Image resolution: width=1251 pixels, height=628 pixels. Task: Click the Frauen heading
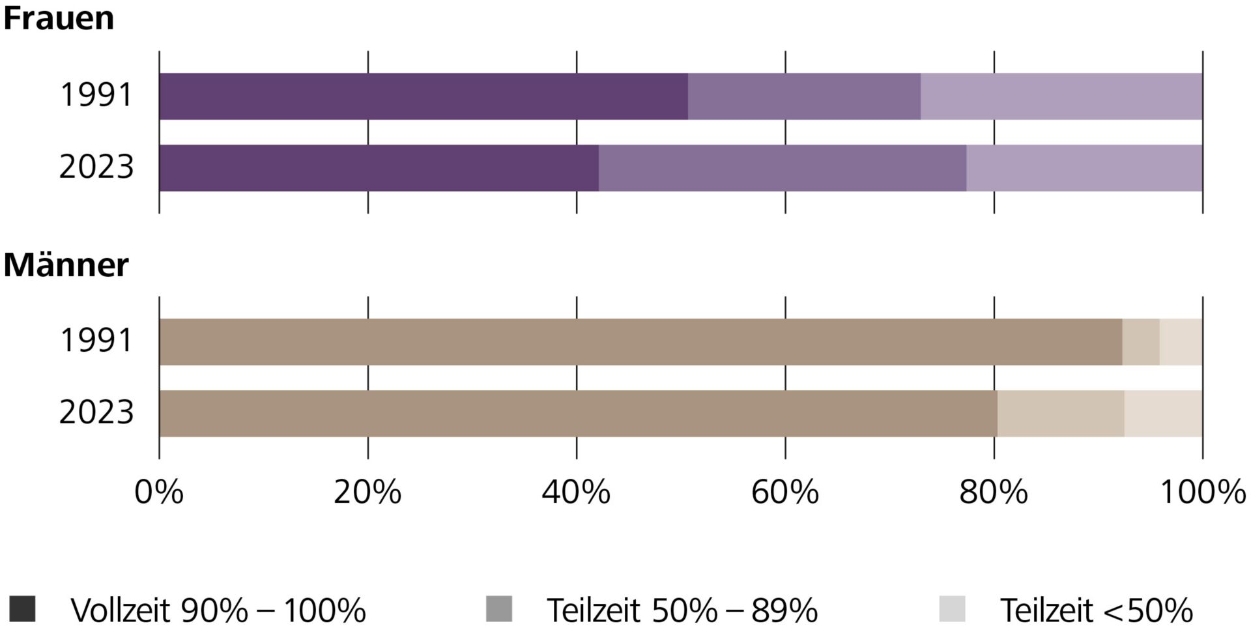click(59, 18)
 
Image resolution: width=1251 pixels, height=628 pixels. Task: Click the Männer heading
click(66, 264)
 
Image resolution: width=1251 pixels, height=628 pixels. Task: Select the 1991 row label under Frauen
click(96, 95)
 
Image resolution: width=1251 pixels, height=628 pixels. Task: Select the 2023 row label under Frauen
click(96, 167)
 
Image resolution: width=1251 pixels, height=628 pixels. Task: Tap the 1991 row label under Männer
click(96, 341)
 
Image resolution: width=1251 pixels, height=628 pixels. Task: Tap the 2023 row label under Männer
click(96, 412)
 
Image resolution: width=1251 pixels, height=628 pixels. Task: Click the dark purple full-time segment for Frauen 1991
click(424, 96)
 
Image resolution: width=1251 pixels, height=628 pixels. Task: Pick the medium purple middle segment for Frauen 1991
click(804, 96)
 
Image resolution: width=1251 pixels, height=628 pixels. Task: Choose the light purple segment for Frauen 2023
click(1084, 168)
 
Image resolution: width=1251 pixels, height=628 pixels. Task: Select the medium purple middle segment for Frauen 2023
click(782, 168)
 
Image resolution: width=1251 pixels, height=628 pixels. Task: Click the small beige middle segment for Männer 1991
click(1141, 342)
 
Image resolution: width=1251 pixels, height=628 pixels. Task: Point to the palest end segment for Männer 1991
click(1181, 342)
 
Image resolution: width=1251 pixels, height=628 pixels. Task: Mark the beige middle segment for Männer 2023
click(1061, 414)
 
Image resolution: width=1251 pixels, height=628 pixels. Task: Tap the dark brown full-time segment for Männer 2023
click(578, 414)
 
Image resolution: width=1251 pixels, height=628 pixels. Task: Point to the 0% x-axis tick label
click(159, 492)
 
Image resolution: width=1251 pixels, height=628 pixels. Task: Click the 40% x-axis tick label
click(577, 492)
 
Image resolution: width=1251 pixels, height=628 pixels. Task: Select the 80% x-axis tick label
click(994, 492)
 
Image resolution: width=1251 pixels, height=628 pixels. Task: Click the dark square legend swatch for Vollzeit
click(23, 609)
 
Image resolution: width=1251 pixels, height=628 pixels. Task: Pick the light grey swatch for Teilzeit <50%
click(952, 609)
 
